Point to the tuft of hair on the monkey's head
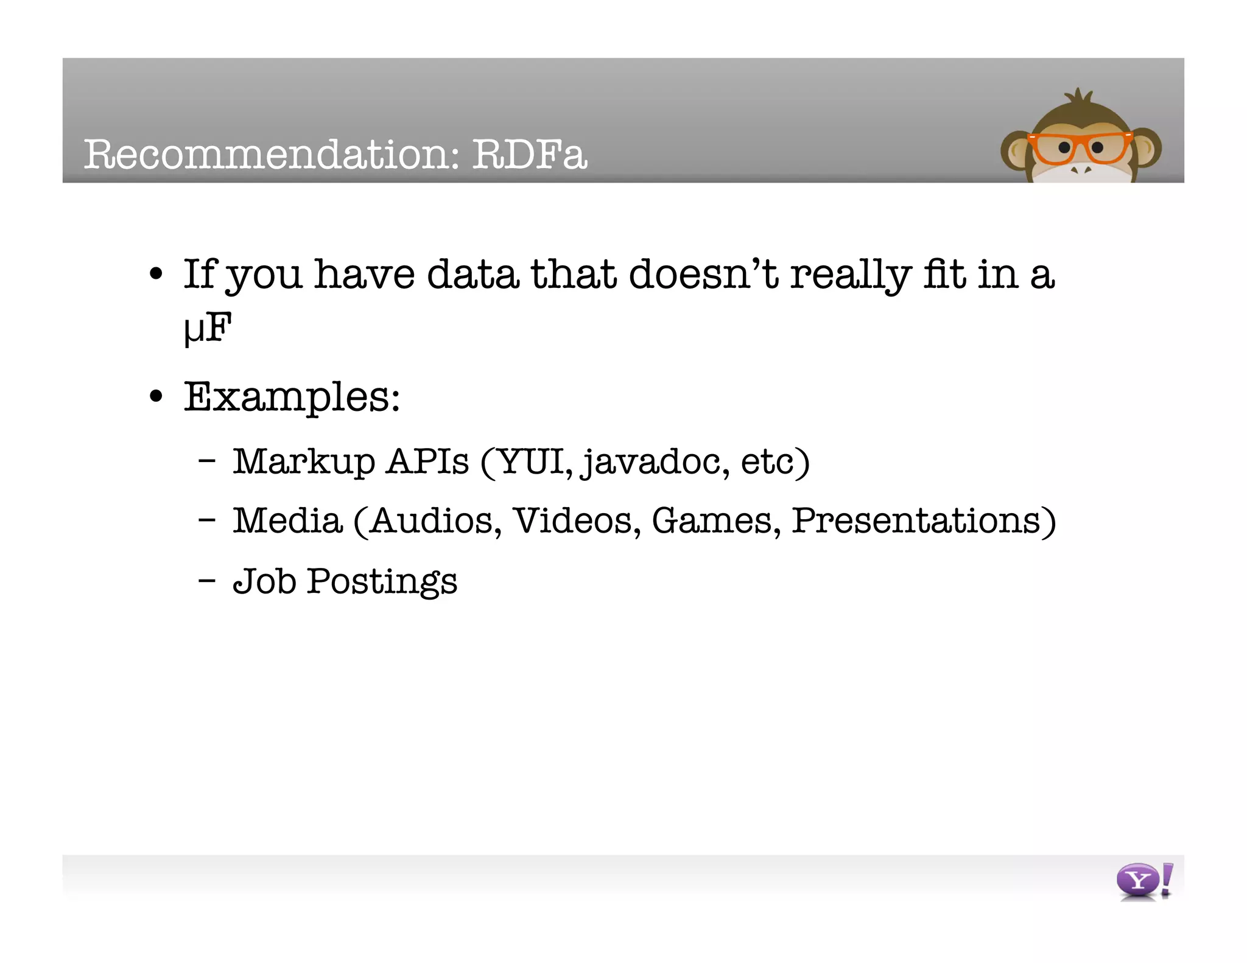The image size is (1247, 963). click(1080, 97)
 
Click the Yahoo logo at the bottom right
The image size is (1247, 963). click(1143, 881)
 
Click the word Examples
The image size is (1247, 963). click(291, 397)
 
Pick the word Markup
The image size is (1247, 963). click(304, 461)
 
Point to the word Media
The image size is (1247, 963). click(287, 521)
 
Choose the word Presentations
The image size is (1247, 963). click(916, 521)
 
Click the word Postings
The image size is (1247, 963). click(382, 581)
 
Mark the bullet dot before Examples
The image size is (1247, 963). click(156, 397)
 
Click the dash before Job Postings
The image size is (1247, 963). click(207, 580)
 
